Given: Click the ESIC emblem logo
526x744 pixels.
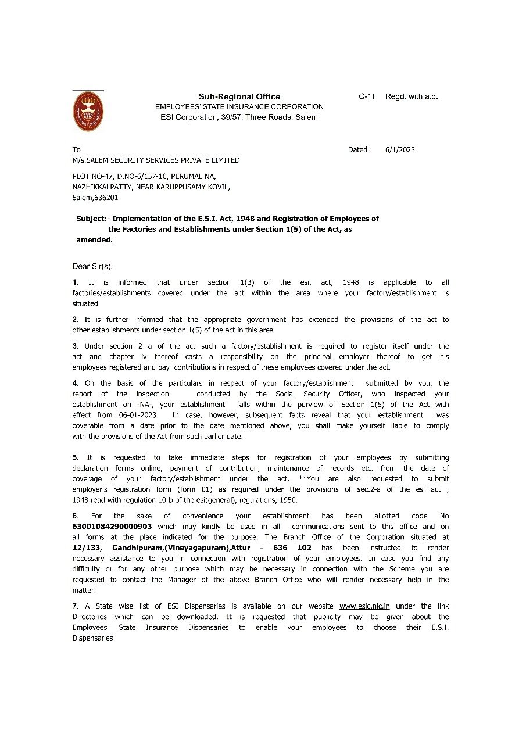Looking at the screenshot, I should (88, 112).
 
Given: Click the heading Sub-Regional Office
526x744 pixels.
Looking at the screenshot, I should (239, 96).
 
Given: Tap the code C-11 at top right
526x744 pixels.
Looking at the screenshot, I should (367, 96).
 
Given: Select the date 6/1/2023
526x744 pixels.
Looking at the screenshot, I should (400, 149).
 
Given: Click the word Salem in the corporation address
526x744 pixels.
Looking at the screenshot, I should (306, 117).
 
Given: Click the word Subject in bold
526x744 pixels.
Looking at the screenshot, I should (92, 219).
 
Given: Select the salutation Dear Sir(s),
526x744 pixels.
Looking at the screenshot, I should (92, 266).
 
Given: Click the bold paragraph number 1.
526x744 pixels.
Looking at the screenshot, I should (76, 282).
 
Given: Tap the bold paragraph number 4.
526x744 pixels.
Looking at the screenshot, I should (76, 383).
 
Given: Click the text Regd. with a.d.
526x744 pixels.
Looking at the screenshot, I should (412, 96).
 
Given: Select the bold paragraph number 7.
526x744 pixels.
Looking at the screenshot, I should (75, 606).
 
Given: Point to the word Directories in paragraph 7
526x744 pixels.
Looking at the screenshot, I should (90, 617).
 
